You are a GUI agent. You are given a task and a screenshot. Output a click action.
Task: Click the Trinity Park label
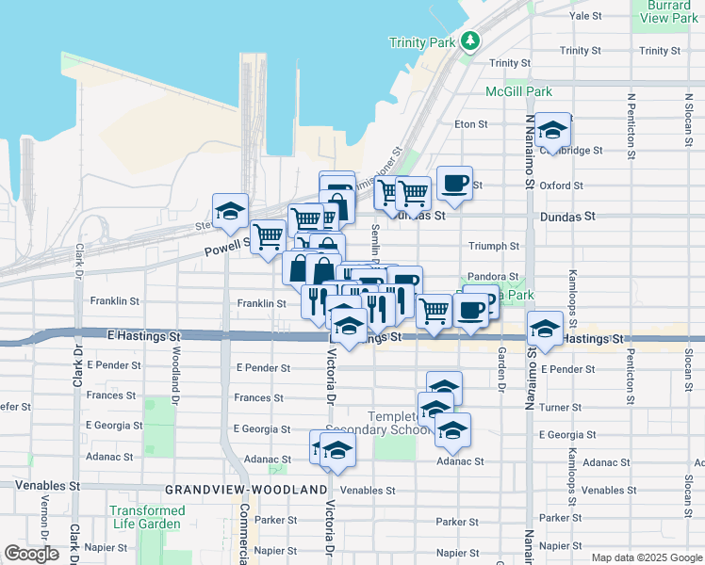coord(422,42)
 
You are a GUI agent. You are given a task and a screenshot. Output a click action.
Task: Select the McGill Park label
coord(518,91)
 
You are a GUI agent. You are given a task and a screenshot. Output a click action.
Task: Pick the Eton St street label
coord(471,123)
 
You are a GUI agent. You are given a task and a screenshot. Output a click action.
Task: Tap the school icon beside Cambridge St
coord(553,130)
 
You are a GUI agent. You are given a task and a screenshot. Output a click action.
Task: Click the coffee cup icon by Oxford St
coord(454,182)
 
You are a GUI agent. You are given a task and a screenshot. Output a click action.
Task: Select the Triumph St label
coord(494,246)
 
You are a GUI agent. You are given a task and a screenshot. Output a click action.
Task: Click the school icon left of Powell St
coord(230,212)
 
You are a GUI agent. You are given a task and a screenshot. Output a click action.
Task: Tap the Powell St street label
coord(226,249)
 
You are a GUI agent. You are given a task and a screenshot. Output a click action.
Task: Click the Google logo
coord(31,554)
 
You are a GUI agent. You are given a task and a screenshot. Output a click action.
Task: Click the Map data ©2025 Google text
coord(646,557)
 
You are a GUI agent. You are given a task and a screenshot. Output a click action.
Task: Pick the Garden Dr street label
coord(500,371)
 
